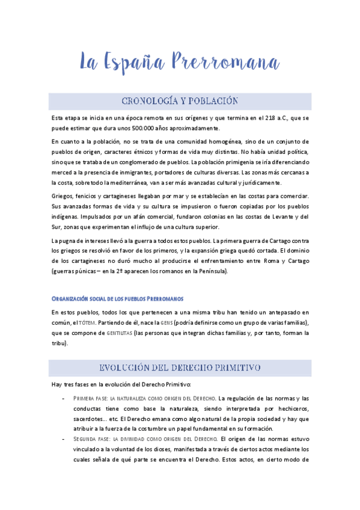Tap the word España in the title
(132, 62)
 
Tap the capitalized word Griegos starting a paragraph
(63, 197)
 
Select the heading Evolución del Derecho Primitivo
(180, 367)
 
